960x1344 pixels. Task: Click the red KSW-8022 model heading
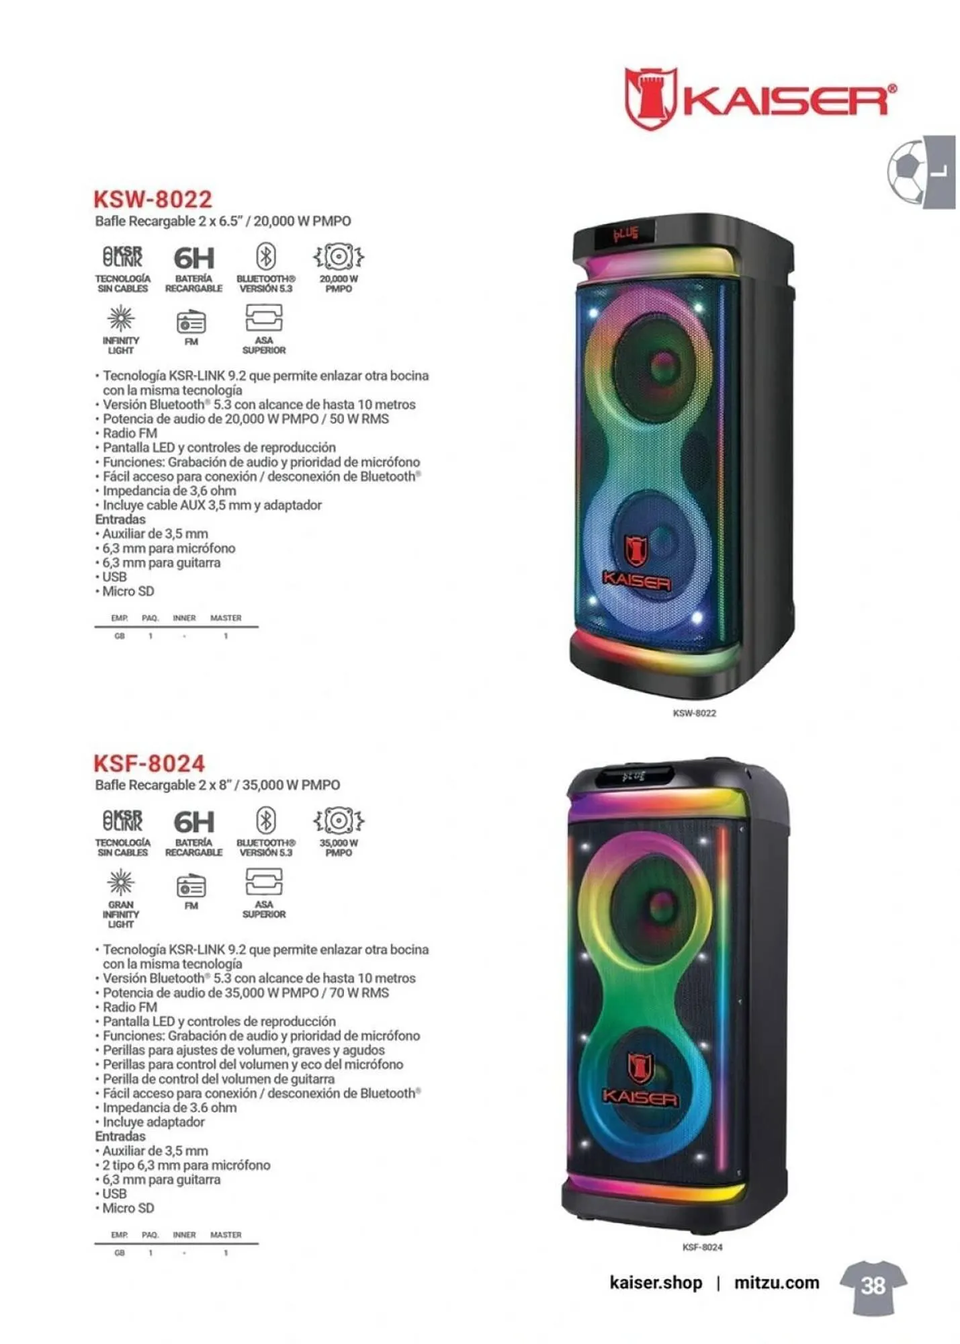(152, 200)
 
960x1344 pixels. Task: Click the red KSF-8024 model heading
(148, 763)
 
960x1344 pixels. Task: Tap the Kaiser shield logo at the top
(649, 98)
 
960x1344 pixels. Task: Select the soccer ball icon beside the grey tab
(905, 171)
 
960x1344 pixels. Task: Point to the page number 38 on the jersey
(873, 1286)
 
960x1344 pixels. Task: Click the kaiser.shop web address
(656, 1283)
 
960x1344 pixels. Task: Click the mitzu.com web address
(777, 1283)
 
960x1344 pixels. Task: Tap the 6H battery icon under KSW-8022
(194, 258)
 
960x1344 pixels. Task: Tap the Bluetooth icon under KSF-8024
(266, 821)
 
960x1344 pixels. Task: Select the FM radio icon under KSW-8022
(191, 323)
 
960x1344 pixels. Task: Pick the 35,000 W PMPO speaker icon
(339, 821)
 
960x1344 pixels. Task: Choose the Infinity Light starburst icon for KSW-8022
(121, 318)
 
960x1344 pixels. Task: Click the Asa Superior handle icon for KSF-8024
(264, 882)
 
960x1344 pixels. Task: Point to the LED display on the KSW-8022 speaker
(624, 235)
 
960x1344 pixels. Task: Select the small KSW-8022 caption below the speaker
(694, 713)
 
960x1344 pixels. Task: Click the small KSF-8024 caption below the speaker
(702, 1247)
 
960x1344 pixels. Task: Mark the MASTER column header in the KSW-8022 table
(226, 618)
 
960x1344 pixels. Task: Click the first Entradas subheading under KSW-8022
(120, 519)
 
